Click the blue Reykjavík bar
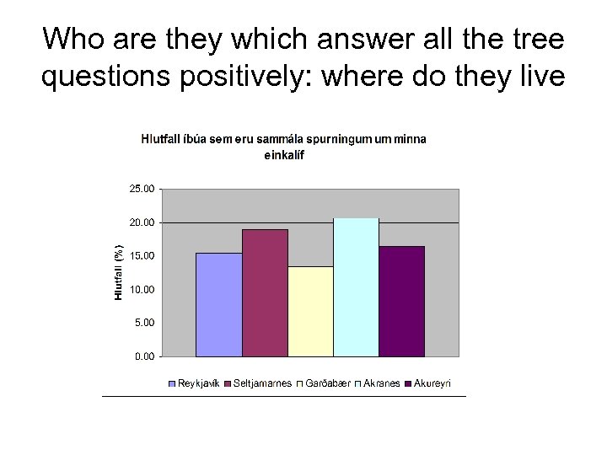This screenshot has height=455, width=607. pyautogui.click(x=218, y=304)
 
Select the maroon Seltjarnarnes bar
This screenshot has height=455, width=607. pyautogui.click(x=265, y=292)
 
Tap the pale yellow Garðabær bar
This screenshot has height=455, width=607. pyautogui.click(x=310, y=311)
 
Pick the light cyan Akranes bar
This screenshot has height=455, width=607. pyautogui.click(x=356, y=286)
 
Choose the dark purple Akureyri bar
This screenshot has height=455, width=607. pyautogui.click(x=401, y=301)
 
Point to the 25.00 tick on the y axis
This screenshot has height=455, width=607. pyautogui.click(x=142, y=189)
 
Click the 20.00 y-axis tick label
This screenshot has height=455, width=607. pyautogui.click(x=142, y=222)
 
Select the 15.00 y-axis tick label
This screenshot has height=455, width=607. pyautogui.click(x=142, y=255)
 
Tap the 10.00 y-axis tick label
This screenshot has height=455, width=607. pyautogui.click(x=142, y=289)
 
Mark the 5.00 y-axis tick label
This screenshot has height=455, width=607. pyautogui.click(x=144, y=322)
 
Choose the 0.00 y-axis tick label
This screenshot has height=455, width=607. pyautogui.click(x=144, y=356)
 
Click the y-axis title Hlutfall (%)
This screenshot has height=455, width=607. pyautogui.click(x=120, y=272)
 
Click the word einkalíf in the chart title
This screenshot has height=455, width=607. pyautogui.click(x=284, y=155)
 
